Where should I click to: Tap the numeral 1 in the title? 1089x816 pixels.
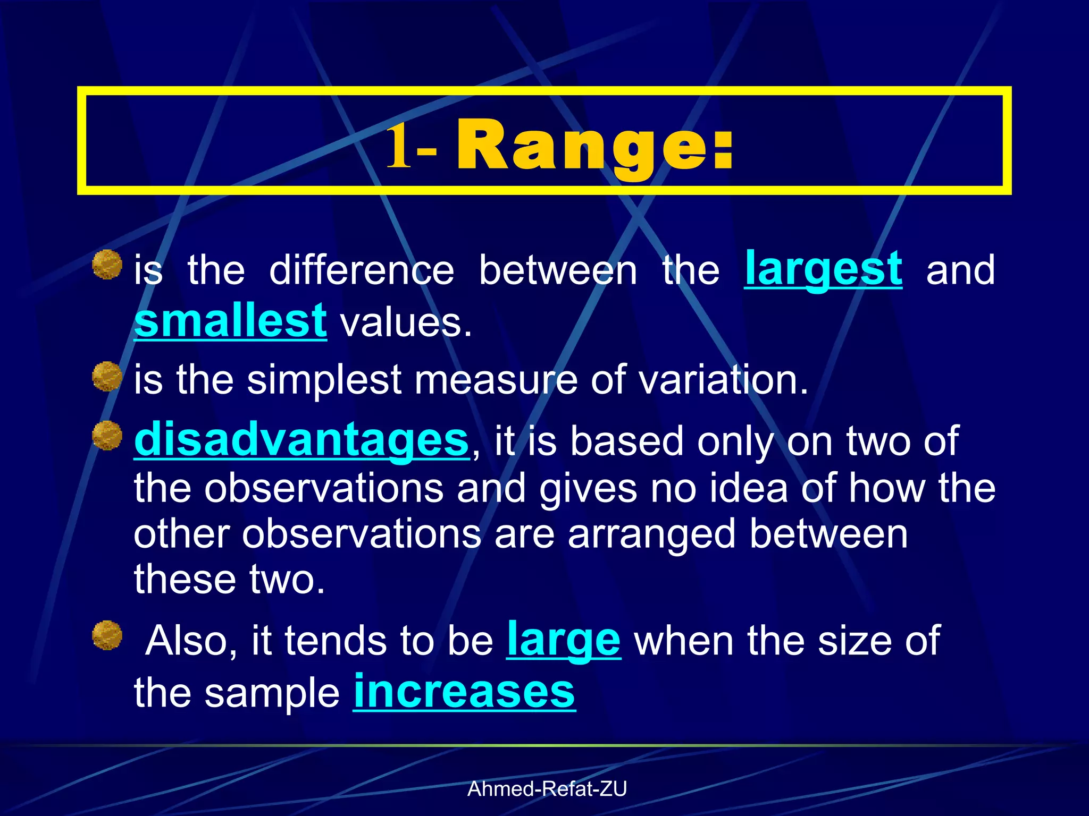pos(399,144)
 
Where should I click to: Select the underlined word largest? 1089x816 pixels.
pos(823,269)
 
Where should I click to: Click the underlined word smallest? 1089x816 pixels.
pos(230,321)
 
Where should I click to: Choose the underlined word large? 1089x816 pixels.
pos(563,640)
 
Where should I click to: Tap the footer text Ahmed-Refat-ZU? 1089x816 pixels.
pos(547,789)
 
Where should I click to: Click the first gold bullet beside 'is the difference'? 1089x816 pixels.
pos(107,264)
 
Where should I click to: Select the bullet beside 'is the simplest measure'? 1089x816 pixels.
pos(107,376)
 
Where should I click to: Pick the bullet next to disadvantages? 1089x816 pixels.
pos(107,436)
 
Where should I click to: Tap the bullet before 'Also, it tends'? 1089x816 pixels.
pos(107,635)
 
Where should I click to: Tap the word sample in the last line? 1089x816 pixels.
pos(272,693)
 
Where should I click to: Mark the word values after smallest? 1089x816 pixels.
pos(405,323)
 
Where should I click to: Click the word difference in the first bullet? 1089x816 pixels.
pos(362,270)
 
